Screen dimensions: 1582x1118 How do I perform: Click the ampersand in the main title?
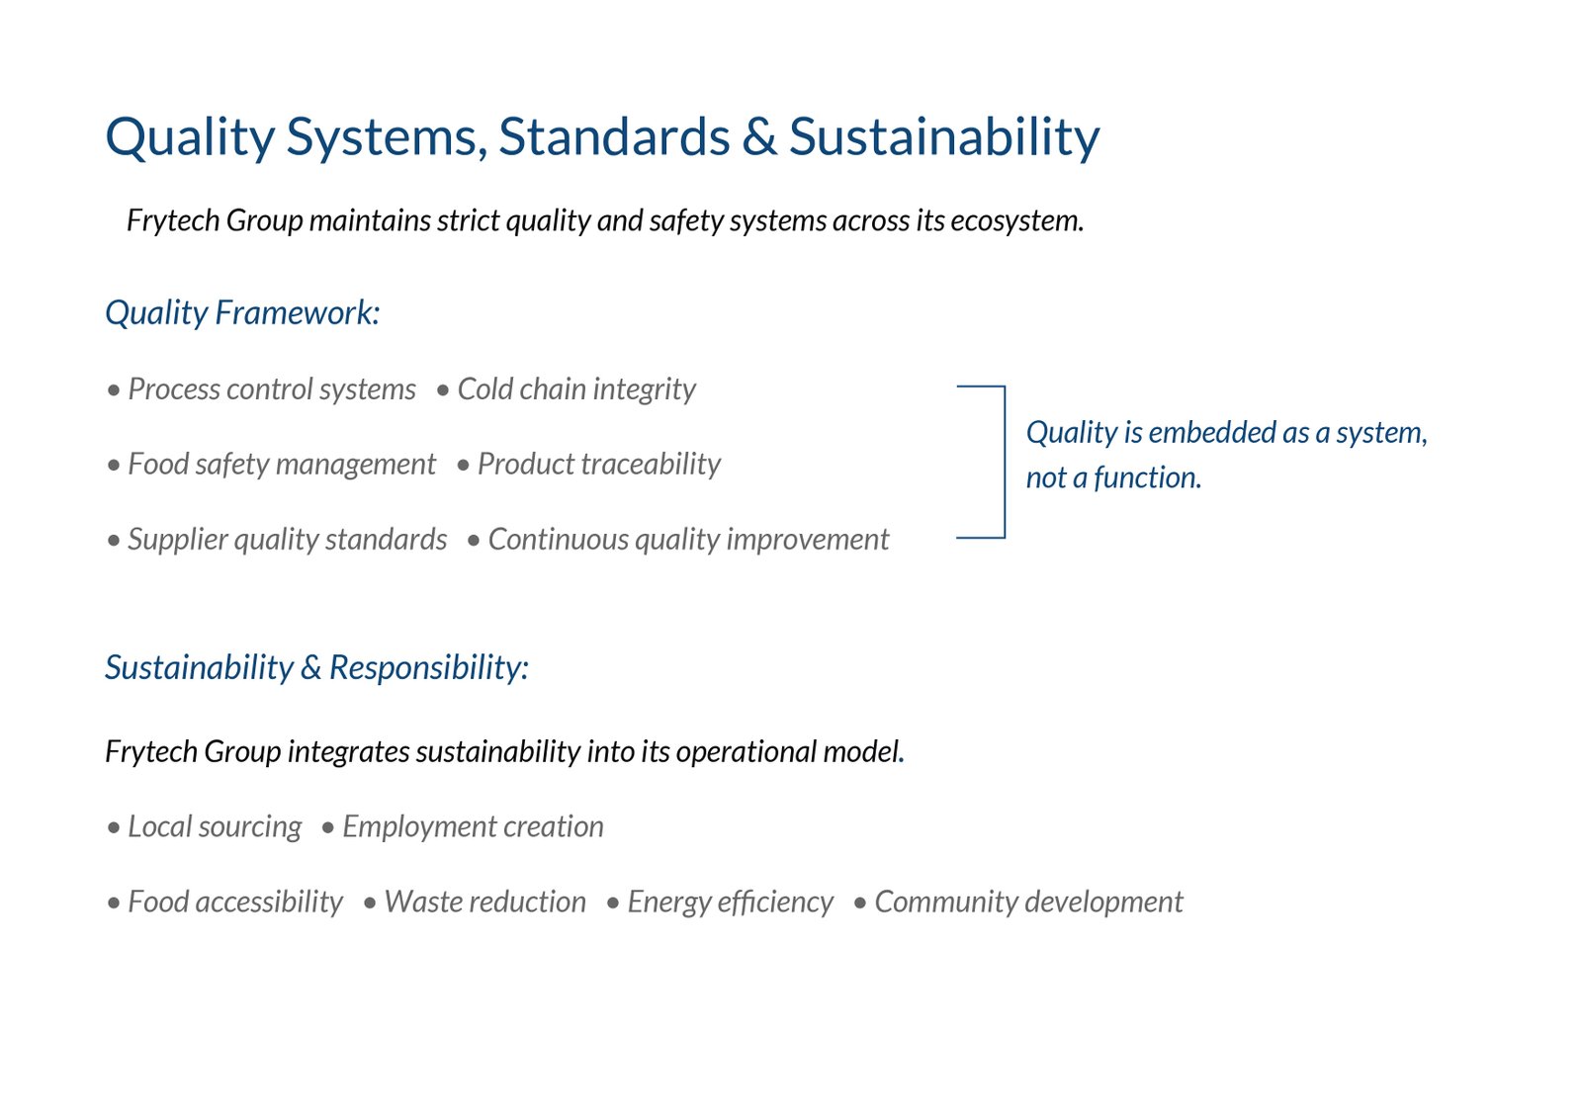coord(759,136)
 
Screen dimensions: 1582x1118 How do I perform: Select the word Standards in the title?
coord(614,136)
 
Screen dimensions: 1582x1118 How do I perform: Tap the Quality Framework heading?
coord(242,313)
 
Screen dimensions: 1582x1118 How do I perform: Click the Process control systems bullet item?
coord(261,389)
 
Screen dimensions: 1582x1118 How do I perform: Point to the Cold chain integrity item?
coord(567,389)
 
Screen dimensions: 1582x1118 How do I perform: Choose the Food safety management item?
coord(272,464)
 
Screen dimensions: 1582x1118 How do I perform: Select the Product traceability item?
coord(589,464)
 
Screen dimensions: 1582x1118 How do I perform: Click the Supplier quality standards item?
coord(277,540)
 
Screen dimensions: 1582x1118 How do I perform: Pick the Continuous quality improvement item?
coord(678,540)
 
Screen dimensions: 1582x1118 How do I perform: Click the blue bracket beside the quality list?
coord(1005,462)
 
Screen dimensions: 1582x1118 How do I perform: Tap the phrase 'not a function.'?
coord(1113,478)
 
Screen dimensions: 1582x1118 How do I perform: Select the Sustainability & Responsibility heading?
coord(317,667)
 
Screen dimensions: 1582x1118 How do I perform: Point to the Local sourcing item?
coord(204,826)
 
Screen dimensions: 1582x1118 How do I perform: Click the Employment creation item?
coord(463,826)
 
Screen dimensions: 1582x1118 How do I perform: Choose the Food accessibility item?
coord(224,902)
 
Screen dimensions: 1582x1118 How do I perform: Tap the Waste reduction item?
coord(475,902)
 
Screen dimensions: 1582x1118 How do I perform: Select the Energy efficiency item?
coord(720,902)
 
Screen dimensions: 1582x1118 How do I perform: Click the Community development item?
coord(1018,902)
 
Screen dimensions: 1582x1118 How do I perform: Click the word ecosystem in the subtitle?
coord(1017,221)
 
